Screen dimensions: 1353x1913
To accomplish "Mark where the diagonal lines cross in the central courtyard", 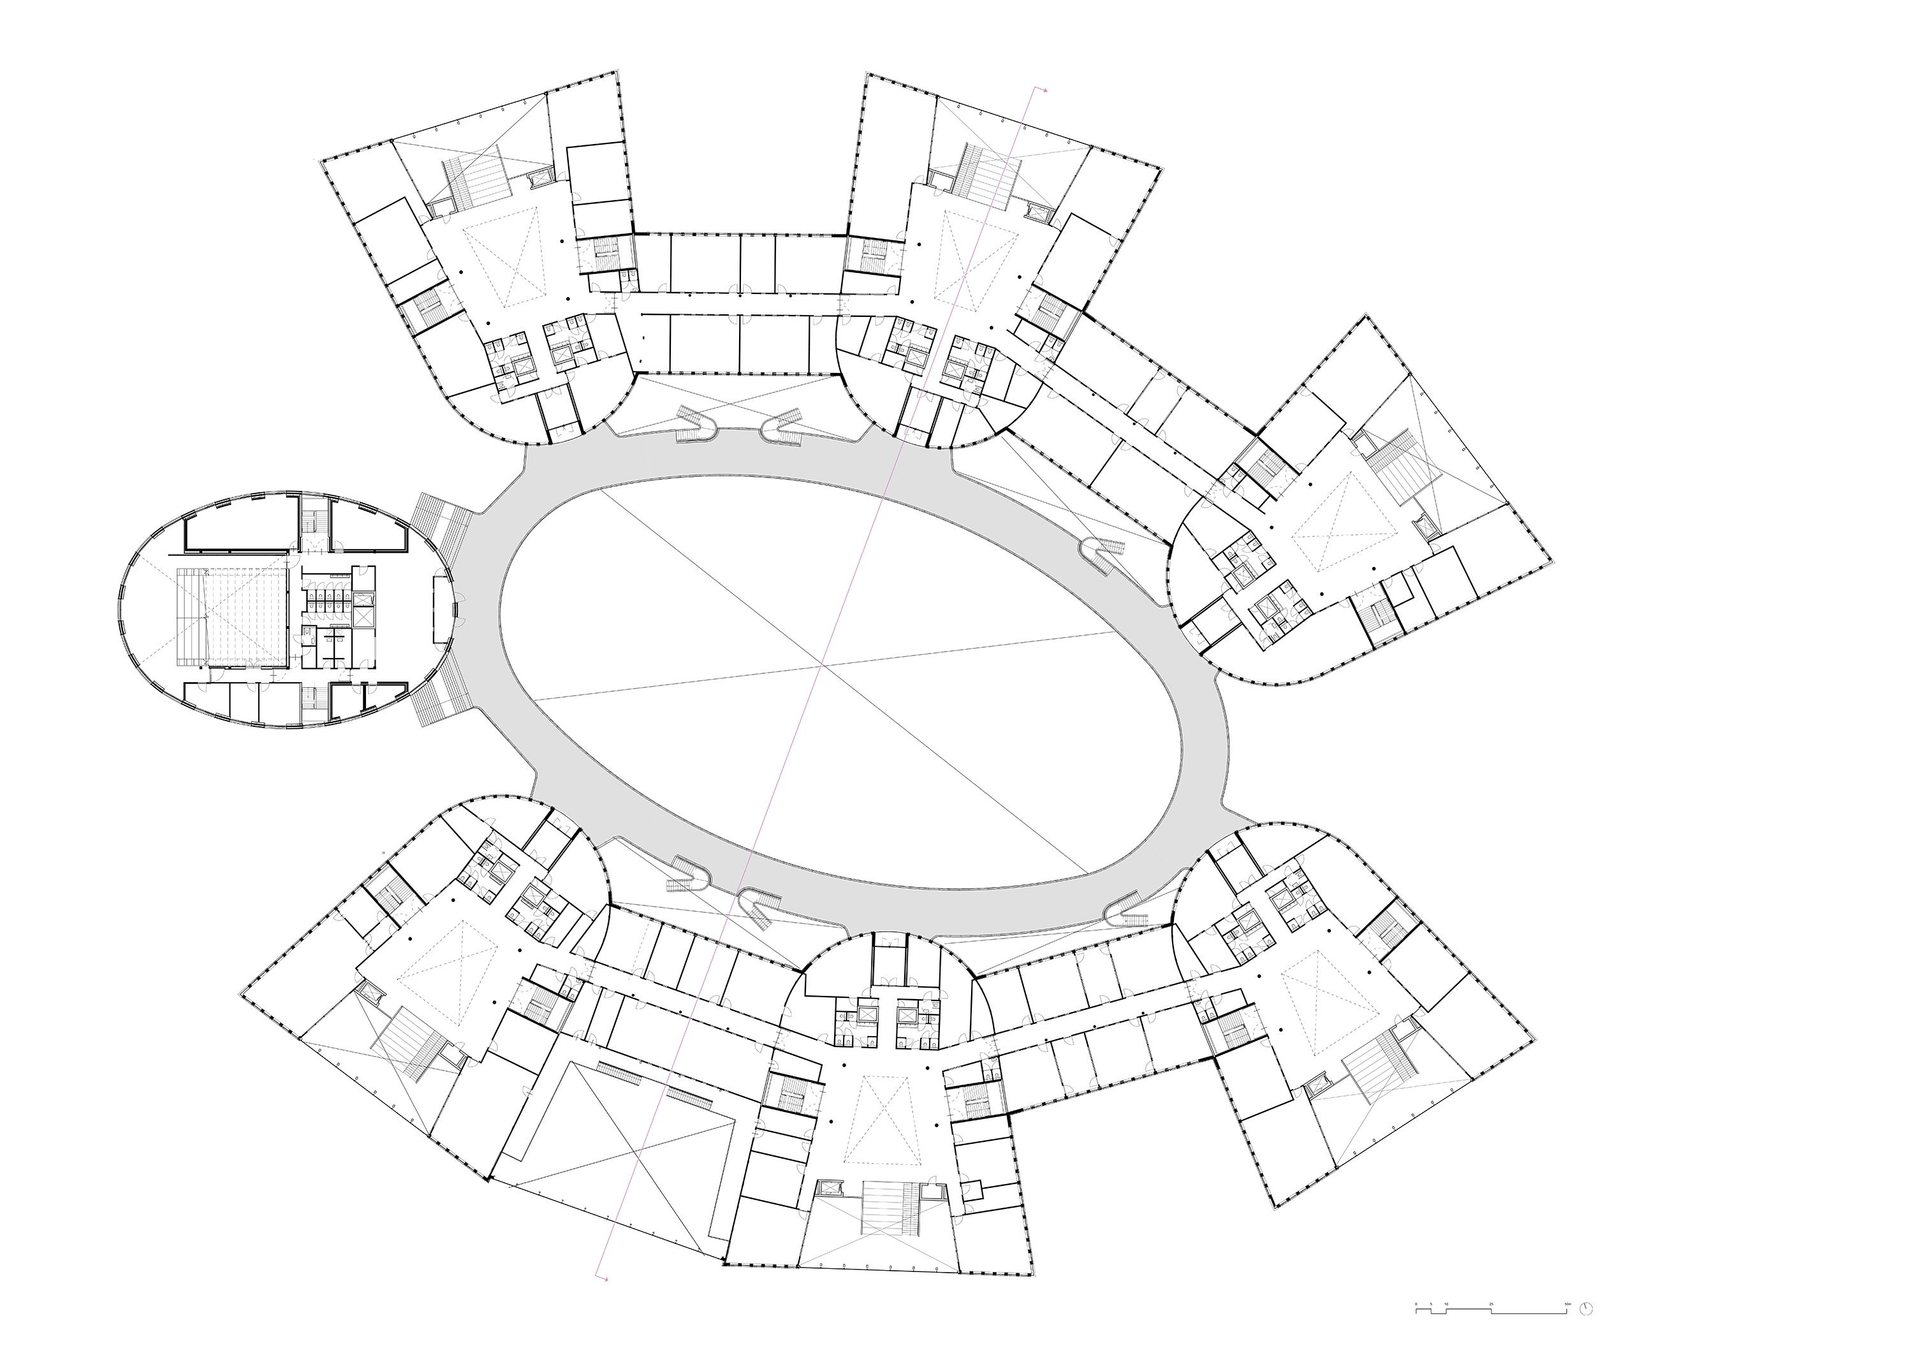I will pyautogui.click(x=823, y=664).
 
